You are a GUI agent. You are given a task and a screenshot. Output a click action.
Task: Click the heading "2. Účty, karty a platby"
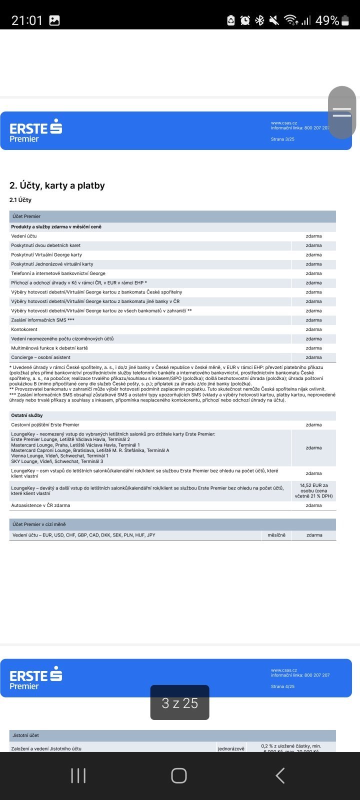[x=57, y=185]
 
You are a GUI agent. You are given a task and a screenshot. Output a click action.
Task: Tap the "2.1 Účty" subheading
[x=20, y=200]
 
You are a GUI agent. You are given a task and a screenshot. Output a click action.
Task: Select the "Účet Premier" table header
[x=26, y=216]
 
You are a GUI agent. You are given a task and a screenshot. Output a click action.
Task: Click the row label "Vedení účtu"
[x=24, y=236]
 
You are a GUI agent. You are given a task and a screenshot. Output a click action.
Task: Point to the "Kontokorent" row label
[x=24, y=329]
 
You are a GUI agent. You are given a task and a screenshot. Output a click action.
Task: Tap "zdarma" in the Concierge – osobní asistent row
[x=313, y=357]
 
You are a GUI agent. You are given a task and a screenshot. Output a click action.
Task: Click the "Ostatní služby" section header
[x=27, y=415]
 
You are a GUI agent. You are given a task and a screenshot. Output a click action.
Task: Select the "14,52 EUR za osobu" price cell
[x=313, y=490]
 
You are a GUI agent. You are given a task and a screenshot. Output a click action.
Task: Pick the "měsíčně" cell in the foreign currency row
[x=276, y=535]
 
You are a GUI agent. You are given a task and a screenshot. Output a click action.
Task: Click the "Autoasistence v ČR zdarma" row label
[x=40, y=505]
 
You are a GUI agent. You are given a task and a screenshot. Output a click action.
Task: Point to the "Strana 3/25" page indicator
[x=282, y=139]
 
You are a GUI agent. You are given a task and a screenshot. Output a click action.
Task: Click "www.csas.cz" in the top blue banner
[x=284, y=123]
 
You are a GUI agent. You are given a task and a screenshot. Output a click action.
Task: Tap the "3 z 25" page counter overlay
[x=180, y=703]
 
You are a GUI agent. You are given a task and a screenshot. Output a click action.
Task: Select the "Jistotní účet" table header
[x=25, y=735]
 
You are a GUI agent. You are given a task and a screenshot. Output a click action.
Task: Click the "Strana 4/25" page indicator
[x=282, y=686]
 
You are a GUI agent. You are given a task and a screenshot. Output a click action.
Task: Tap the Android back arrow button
[x=280, y=775]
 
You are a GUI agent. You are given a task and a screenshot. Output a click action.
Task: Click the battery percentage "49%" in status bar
[x=327, y=20]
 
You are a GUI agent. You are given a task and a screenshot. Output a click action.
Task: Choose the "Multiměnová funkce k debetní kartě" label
[x=49, y=348]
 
